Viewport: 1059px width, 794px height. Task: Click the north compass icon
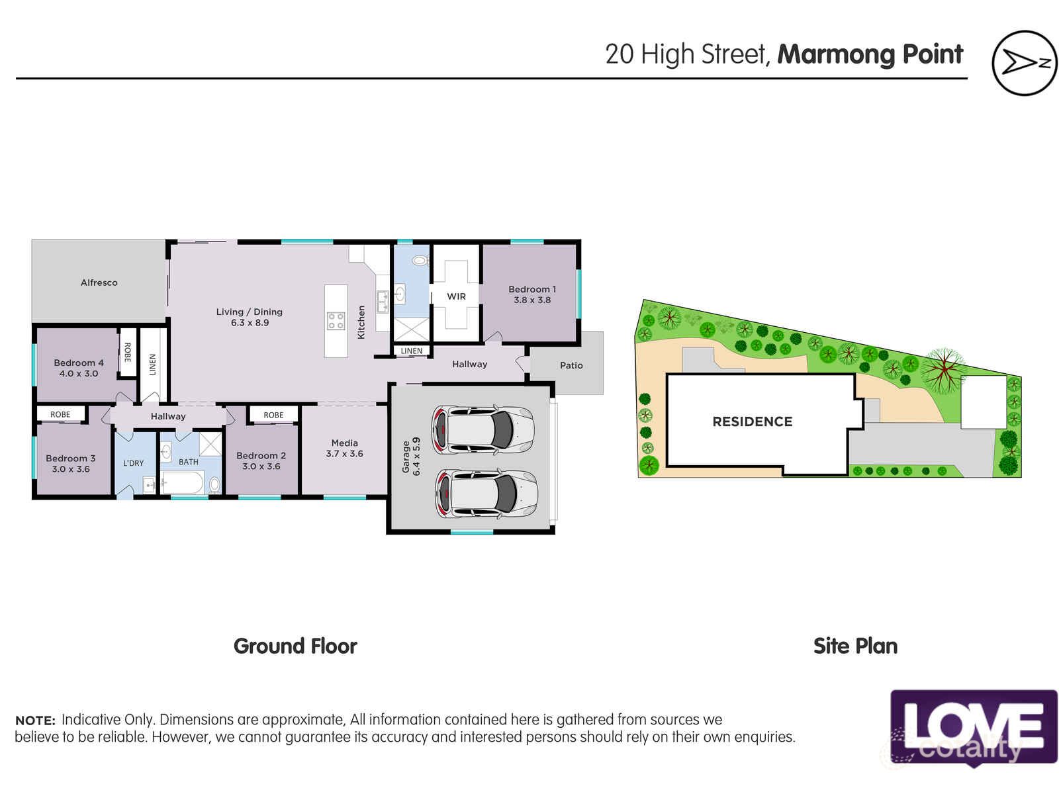[1024, 63]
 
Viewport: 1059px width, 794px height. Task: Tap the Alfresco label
[99, 283]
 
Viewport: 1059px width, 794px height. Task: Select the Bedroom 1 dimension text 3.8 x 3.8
[532, 300]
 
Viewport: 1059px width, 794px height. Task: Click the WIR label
[456, 296]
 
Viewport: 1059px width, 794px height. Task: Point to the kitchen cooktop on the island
[336, 322]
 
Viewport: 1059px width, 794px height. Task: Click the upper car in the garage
[483, 429]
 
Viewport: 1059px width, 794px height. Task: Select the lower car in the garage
[486, 494]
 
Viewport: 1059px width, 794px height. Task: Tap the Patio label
[571, 365]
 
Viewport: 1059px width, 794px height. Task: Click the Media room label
[344, 443]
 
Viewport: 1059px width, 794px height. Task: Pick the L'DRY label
[133, 463]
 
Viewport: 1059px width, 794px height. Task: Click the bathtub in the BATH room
[181, 484]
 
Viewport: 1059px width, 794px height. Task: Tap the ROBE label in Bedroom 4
[127, 353]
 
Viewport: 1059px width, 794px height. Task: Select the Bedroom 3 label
[70, 458]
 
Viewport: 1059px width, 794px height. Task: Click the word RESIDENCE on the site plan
[752, 421]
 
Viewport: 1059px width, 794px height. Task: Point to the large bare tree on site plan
[943, 371]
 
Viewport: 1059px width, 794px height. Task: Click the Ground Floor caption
[295, 646]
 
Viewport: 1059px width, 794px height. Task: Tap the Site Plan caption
[855, 646]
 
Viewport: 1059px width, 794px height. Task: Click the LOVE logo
[973, 727]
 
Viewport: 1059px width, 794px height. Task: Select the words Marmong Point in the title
[870, 54]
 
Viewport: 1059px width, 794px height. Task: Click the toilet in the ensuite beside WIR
[420, 261]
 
